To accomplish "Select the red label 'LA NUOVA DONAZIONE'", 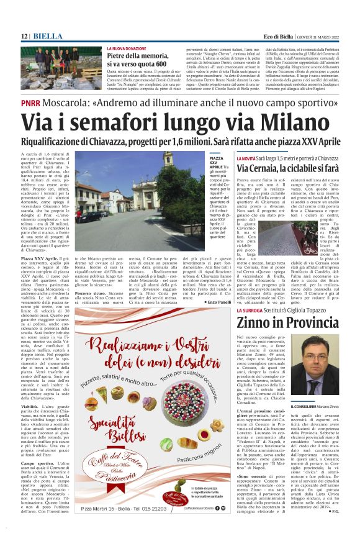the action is tap(127, 48).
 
